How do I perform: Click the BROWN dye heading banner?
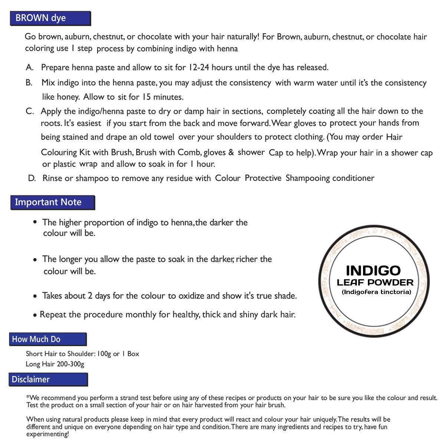(50, 19)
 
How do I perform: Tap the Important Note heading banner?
(53, 202)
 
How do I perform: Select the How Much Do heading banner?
(48, 339)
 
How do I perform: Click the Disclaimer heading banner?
(48, 380)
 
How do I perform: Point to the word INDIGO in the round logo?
(373, 270)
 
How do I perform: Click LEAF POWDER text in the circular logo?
(375, 283)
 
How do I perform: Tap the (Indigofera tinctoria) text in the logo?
(376, 292)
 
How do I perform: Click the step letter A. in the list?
(30, 67)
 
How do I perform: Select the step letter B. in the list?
(29, 83)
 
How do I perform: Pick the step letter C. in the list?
(30, 111)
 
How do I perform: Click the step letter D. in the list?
(32, 178)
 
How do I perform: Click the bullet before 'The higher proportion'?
(35, 222)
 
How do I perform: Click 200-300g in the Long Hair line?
(70, 364)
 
